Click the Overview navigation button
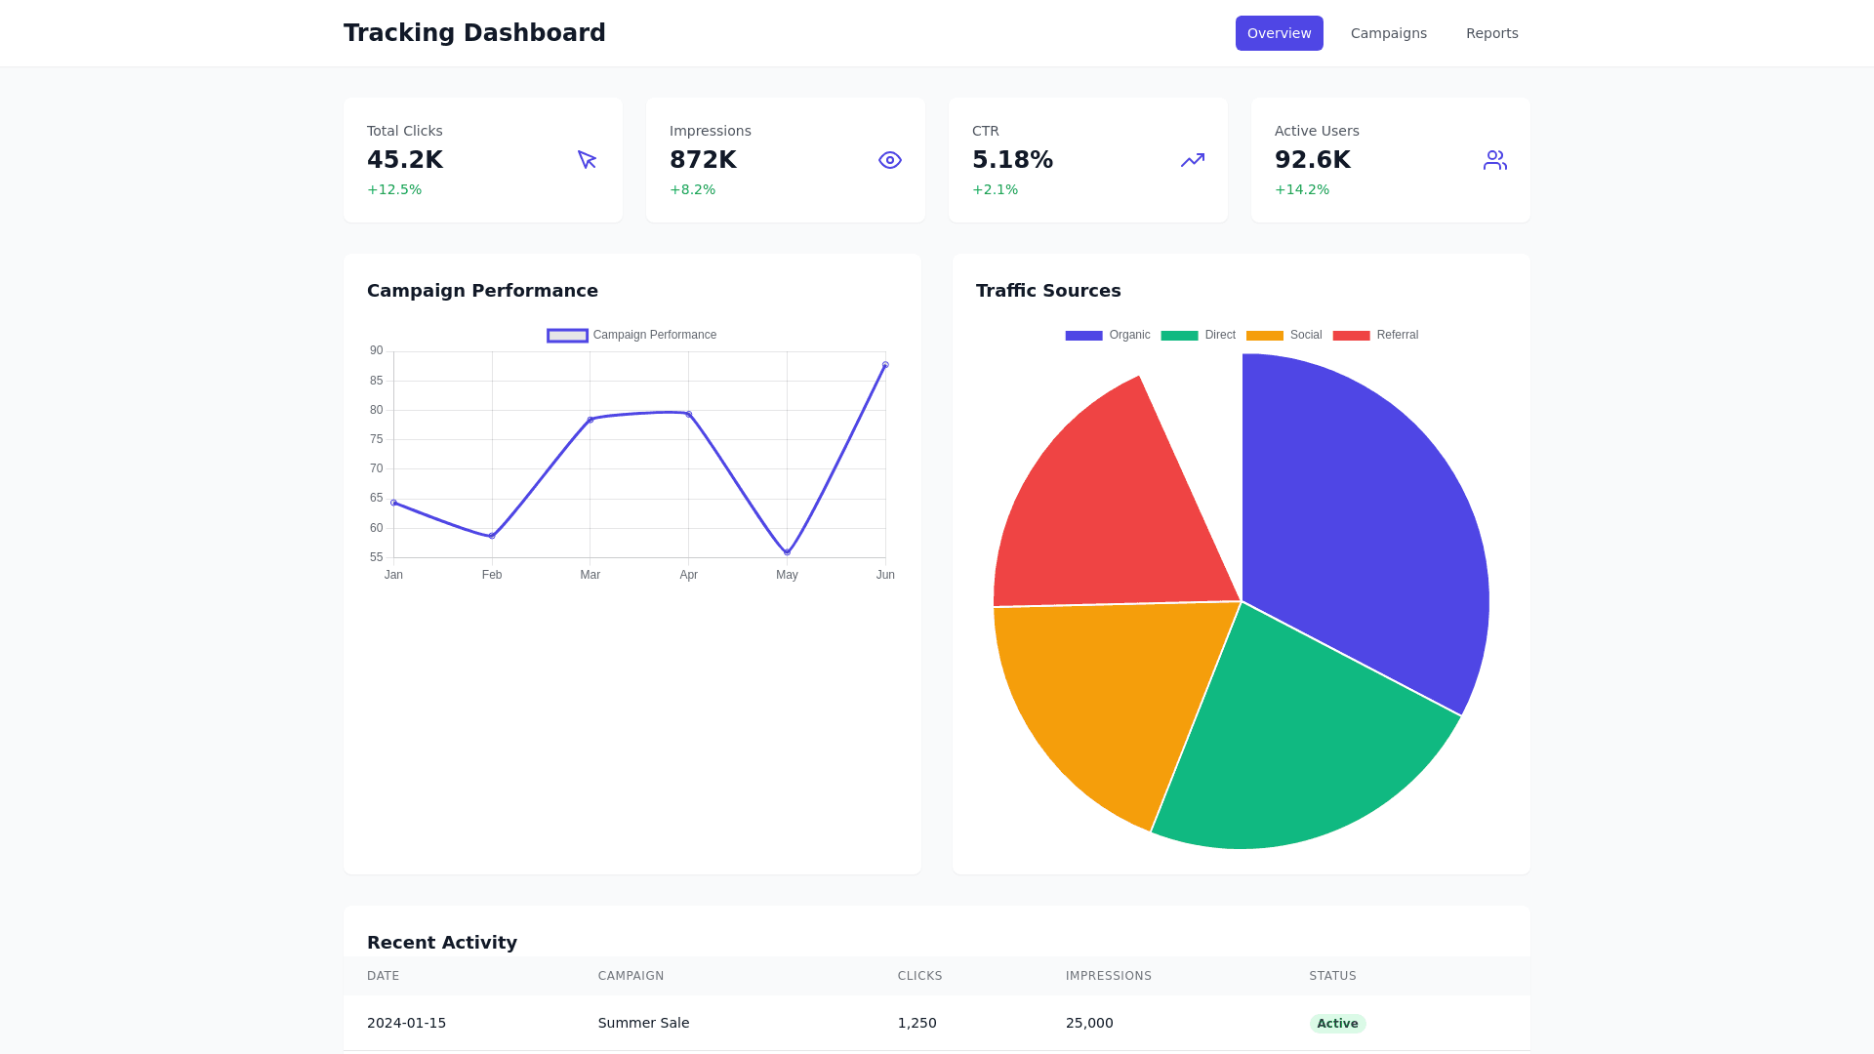[x=1279, y=33]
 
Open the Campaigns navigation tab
[x=1388, y=33]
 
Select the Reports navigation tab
[x=1491, y=33]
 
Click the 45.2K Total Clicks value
[x=405, y=160]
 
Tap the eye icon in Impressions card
[x=889, y=160]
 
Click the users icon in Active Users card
[x=1494, y=160]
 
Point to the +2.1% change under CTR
[x=995, y=189]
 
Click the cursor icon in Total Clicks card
[x=587, y=160]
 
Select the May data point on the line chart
[x=787, y=552]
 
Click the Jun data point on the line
[x=885, y=365]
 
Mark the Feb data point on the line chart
[x=492, y=536]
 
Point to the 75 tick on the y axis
[x=377, y=439]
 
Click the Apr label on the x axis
[x=688, y=575]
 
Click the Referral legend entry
[x=1376, y=335]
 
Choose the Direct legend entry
[x=1199, y=335]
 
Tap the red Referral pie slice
[x=1122, y=507]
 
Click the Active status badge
[x=1336, y=1023]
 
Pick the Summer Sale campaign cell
[x=643, y=1023]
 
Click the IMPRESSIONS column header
[x=1108, y=976]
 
